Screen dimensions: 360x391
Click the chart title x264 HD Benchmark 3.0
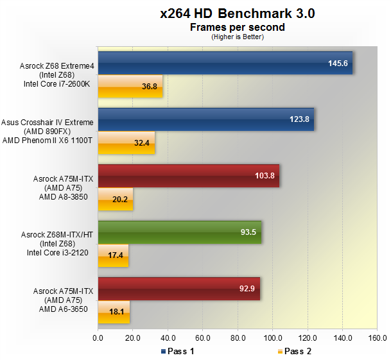coord(237,13)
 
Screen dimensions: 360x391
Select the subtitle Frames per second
coord(237,27)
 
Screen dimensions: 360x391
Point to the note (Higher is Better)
coord(237,37)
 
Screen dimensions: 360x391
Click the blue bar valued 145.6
coord(225,64)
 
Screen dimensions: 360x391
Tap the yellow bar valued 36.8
coord(130,86)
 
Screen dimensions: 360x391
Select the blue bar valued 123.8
coord(205,119)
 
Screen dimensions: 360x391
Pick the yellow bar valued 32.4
coord(126,142)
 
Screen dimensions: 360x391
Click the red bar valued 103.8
coord(188,175)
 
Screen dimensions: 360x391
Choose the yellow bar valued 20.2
coord(116,199)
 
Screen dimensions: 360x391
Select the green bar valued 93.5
coord(179,232)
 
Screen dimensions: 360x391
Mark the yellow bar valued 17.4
coord(113,255)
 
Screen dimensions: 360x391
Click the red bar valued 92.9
coord(178,288)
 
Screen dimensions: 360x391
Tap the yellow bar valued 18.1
coord(114,312)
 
